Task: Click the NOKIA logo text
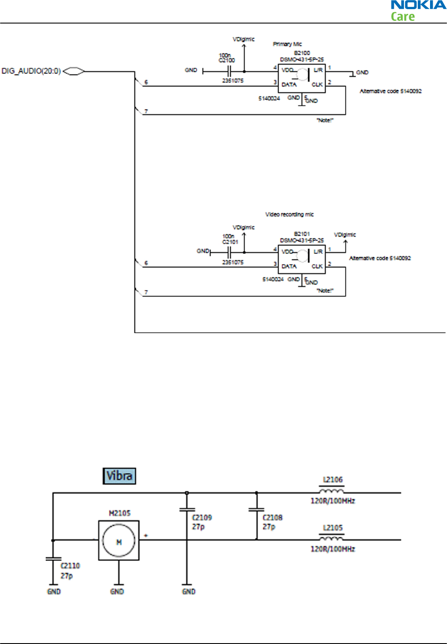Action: click(x=418, y=5)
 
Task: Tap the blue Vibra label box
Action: click(x=119, y=475)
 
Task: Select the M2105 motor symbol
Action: click(x=119, y=540)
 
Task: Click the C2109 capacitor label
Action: click(x=202, y=517)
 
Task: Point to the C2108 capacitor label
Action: click(x=272, y=517)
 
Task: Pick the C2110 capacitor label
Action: click(x=70, y=566)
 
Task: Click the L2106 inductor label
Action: click(x=333, y=479)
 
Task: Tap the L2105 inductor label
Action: click(x=333, y=528)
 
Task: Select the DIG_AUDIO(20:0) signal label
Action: click(x=31, y=71)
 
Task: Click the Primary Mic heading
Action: click(x=287, y=44)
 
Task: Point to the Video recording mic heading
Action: click(x=289, y=214)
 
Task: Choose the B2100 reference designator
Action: click(x=302, y=53)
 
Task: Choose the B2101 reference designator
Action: click(x=302, y=234)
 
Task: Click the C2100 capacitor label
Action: click(x=227, y=61)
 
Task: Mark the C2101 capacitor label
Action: click(x=230, y=242)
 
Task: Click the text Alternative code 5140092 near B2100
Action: click(x=390, y=91)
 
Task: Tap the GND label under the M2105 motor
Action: click(x=117, y=591)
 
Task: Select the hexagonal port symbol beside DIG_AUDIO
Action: click(x=74, y=71)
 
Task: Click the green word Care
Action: click(x=403, y=17)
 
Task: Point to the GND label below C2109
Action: click(x=188, y=591)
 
